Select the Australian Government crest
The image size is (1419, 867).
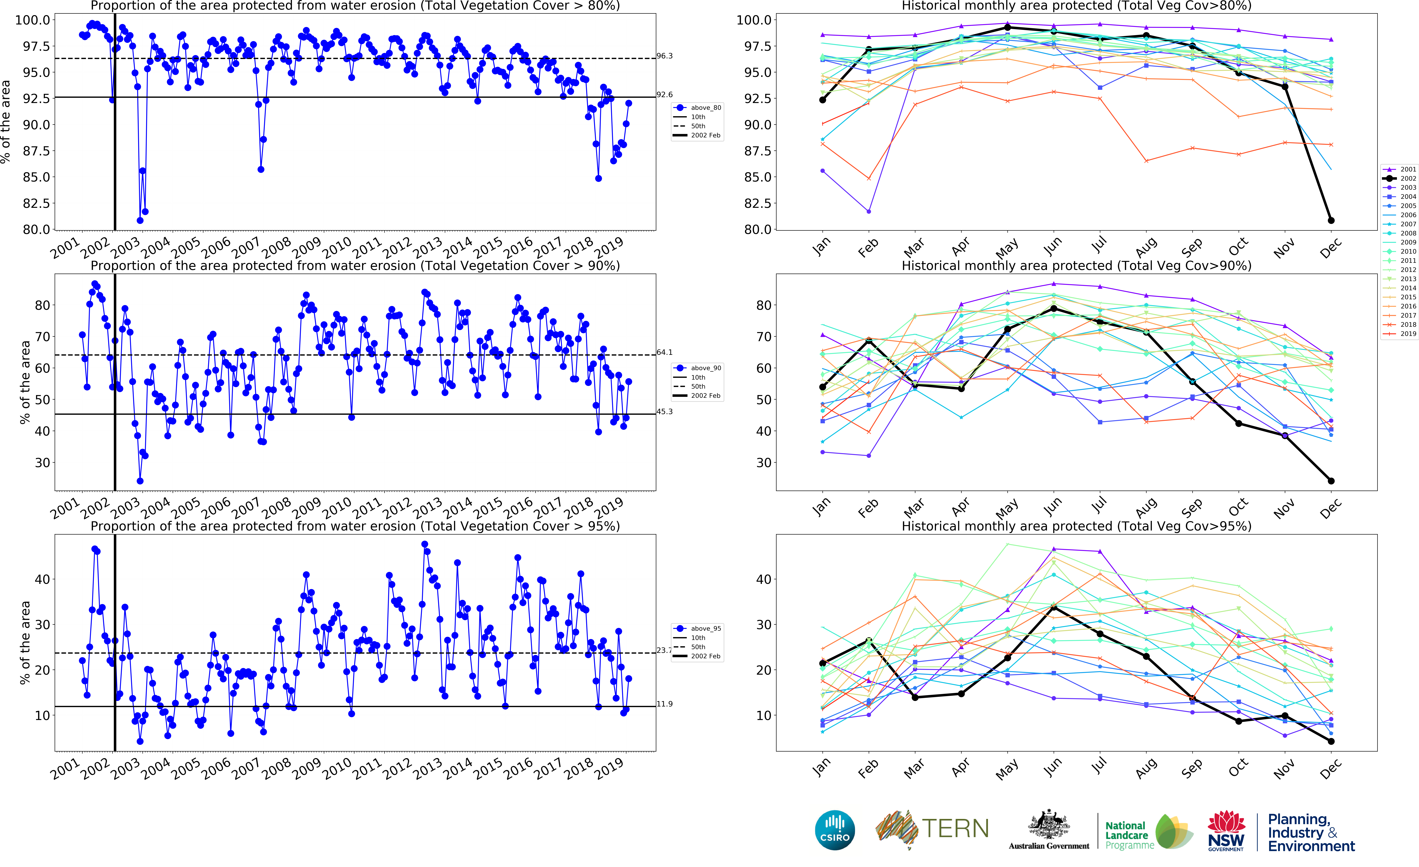(1049, 824)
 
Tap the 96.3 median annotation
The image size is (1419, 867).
(665, 56)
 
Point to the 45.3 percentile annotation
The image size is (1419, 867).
(665, 411)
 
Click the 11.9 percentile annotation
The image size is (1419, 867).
(665, 704)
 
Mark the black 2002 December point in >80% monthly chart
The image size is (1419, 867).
(1331, 221)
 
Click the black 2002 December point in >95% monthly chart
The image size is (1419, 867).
(1331, 741)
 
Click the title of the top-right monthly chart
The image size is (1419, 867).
(1076, 6)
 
